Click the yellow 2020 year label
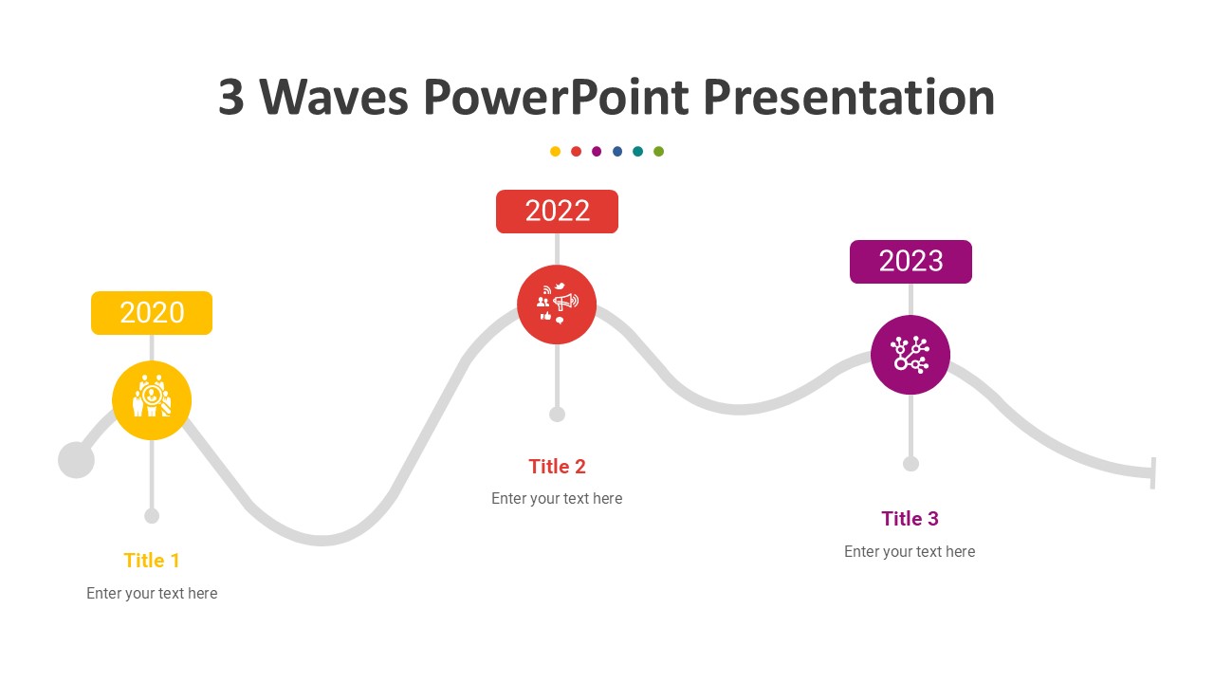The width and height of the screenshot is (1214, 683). click(152, 313)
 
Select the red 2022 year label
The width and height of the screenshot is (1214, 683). click(557, 212)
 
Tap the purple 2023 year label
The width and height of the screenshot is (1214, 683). click(910, 262)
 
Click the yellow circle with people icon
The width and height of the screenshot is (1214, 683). click(152, 400)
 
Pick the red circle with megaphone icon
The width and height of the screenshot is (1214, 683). click(557, 305)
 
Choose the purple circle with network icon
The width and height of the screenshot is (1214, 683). click(910, 355)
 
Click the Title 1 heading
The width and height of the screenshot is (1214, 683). click(152, 561)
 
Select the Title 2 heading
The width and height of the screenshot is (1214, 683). click(557, 467)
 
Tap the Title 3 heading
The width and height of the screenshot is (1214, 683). click(910, 519)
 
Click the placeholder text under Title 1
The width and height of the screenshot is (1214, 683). click(152, 594)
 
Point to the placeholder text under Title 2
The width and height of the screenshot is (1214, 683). click(557, 499)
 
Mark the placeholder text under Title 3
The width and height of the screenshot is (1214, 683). click(910, 552)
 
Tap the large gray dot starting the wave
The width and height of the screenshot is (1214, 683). click(76, 460)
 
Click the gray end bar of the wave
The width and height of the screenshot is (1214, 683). click(1153, 472)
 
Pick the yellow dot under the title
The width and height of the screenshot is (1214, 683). click(555, 152)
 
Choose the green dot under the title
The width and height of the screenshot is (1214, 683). click(659, 152)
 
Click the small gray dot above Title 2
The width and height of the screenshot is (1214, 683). click(557, 415)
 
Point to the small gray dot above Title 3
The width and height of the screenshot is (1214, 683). click(910, 464)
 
